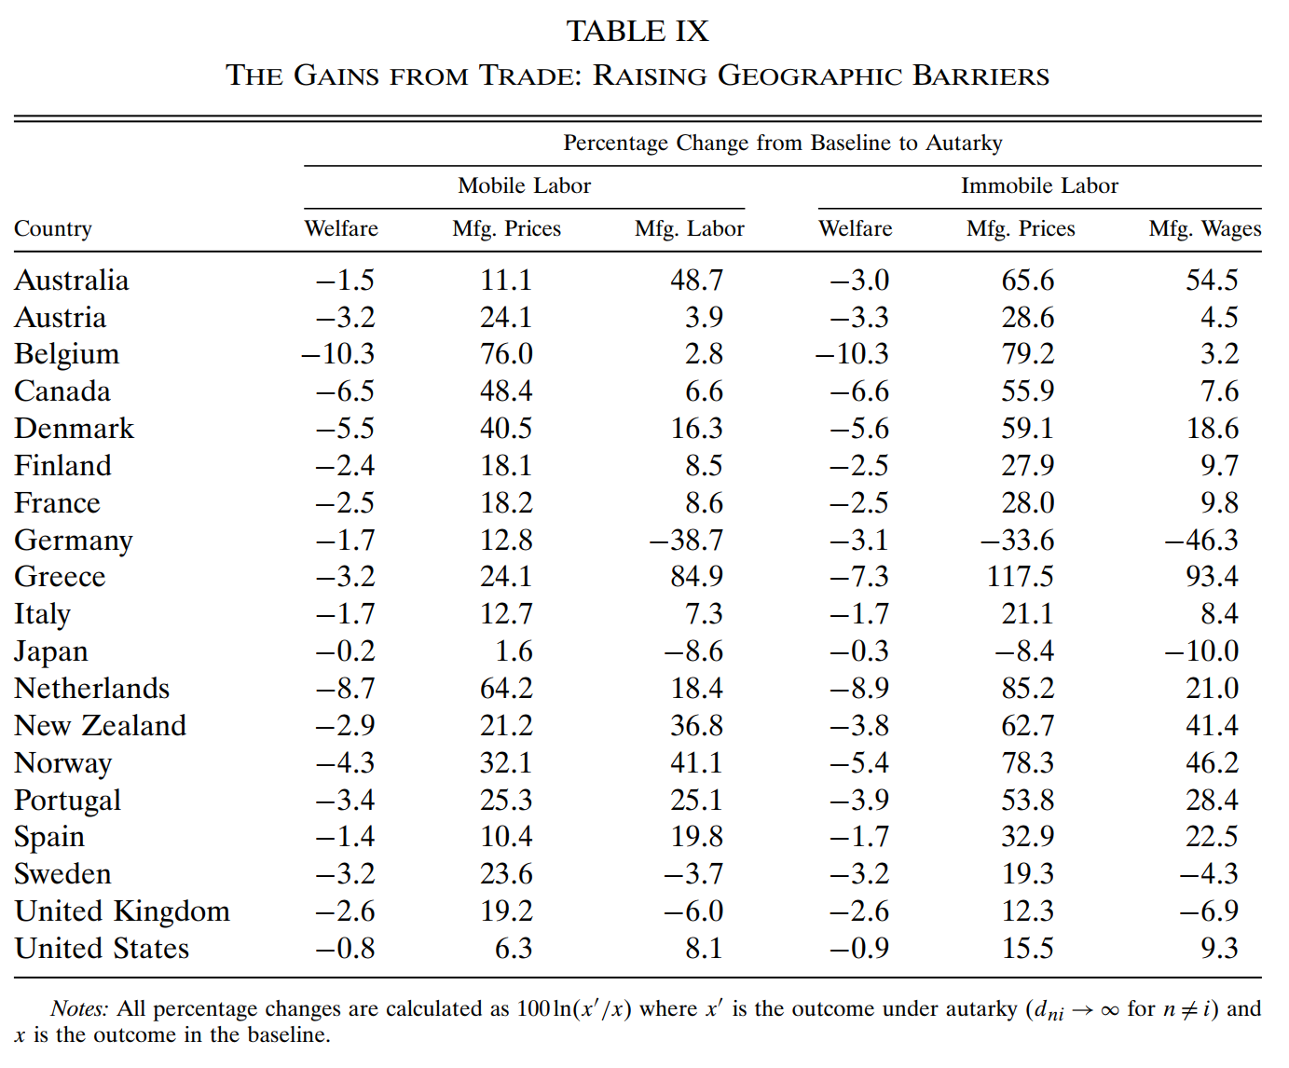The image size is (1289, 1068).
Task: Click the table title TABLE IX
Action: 638,32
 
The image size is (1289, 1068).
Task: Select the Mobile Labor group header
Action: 524,185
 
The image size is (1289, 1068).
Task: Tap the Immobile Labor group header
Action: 1039,185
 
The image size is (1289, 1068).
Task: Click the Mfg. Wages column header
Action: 1204,228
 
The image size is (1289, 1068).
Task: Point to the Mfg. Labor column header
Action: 689,228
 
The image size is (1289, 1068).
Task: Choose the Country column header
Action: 53,228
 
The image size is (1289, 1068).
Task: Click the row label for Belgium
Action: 67,354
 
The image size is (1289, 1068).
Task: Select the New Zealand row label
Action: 101,725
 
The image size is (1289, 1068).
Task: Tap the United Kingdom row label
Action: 122,911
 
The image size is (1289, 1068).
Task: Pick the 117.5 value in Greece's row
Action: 1020,577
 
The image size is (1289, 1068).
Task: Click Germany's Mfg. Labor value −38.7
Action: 686,540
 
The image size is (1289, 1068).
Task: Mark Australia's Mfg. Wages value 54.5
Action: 1212,281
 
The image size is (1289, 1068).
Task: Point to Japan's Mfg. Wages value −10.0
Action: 1201,650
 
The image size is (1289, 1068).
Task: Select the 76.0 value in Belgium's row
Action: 506,354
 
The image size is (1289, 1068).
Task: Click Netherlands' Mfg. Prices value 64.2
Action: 506,688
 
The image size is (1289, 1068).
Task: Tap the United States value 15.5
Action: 1027,948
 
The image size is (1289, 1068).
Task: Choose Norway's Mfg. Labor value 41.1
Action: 696,762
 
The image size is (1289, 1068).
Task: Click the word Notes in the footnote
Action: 79,1008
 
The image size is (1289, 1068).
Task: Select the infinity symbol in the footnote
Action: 1109,1010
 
